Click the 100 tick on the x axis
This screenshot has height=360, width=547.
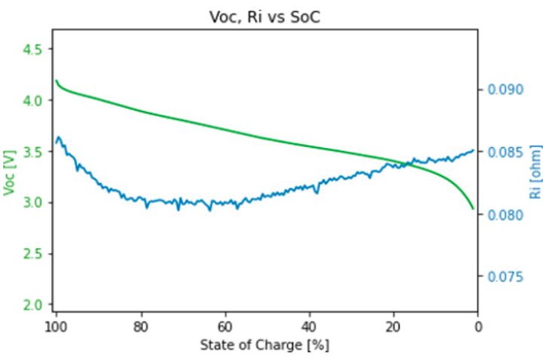tap(55, 327)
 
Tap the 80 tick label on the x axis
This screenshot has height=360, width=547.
tap(140, 327)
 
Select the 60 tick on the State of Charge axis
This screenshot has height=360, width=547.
tap(224, 327)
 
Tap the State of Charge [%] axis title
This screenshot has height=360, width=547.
tap(265, 346)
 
